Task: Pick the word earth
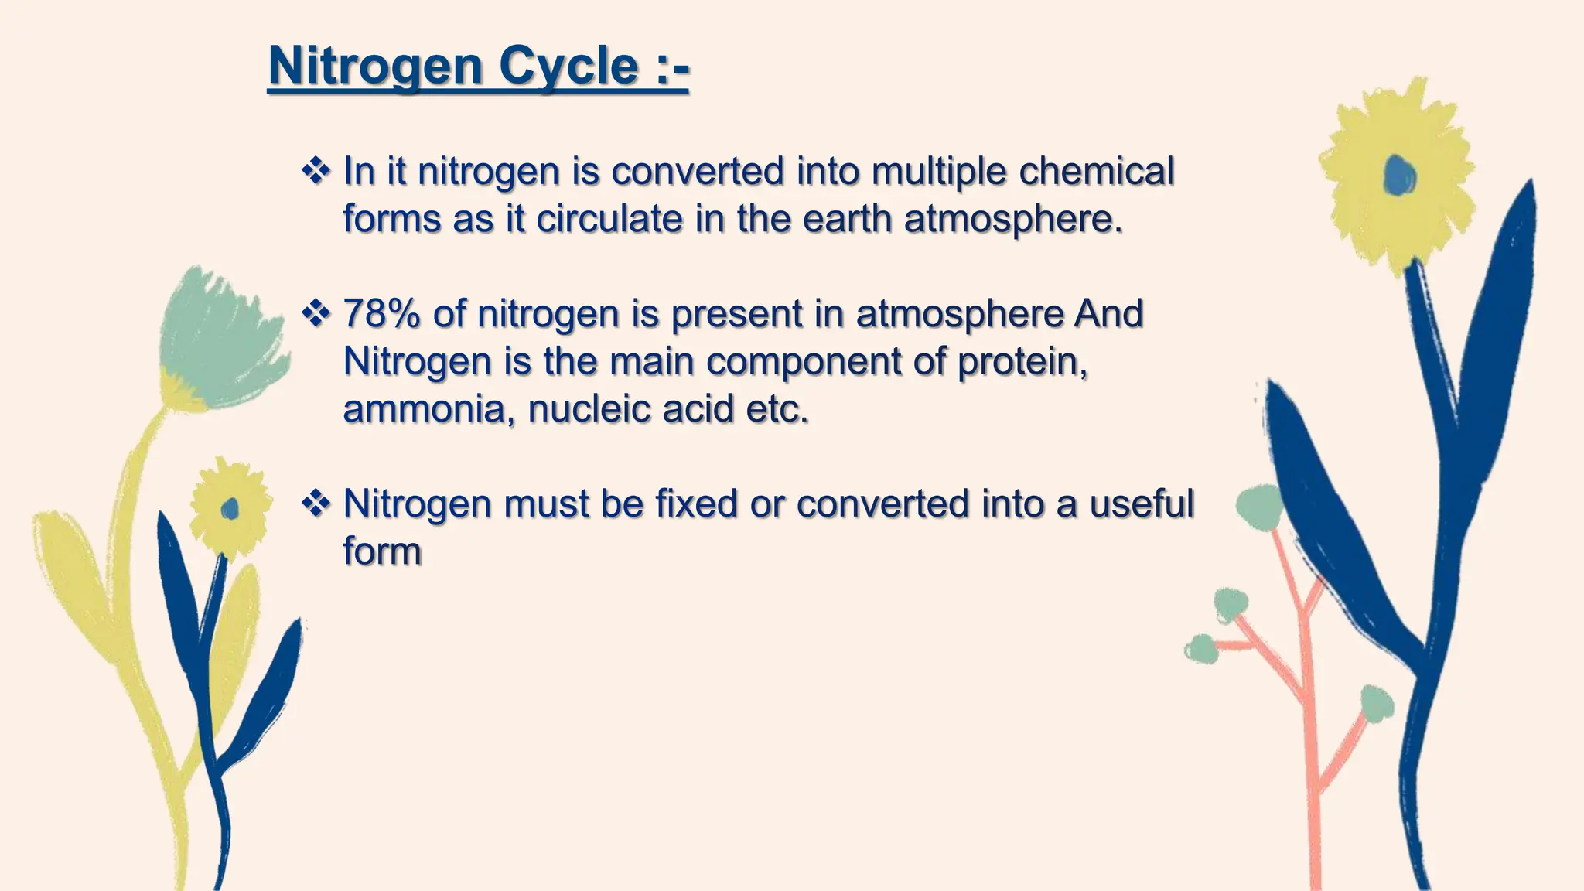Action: [x=847, y=219]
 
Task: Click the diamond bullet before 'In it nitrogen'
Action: [x=316, y=171]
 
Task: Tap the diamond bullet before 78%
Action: [x=316, y=314]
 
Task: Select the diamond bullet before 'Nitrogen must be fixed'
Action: [x=316, y=504]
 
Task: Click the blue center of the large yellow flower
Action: [x=1400, y=176]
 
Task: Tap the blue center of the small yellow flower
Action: [x=230, y=509]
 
